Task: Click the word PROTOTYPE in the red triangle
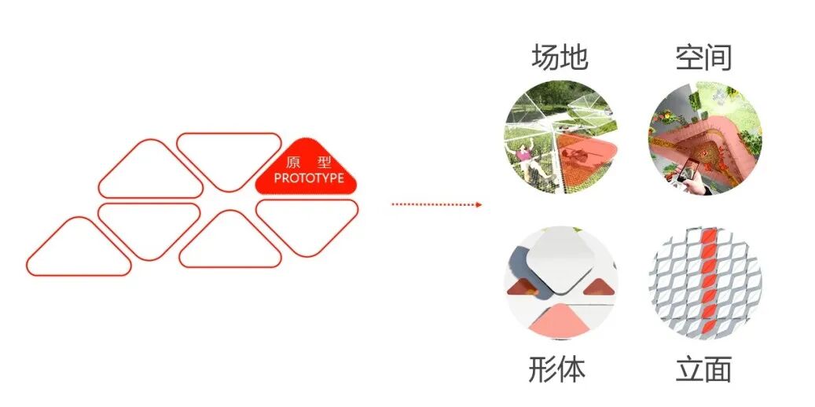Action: pos(309,178)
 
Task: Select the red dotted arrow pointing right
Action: pos(436,204)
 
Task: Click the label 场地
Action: pos(560,57)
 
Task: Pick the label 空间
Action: pos(703,57)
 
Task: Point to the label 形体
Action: pos(556,369)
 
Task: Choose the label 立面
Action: pos(703,369)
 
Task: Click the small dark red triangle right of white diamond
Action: pos(596,287)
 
